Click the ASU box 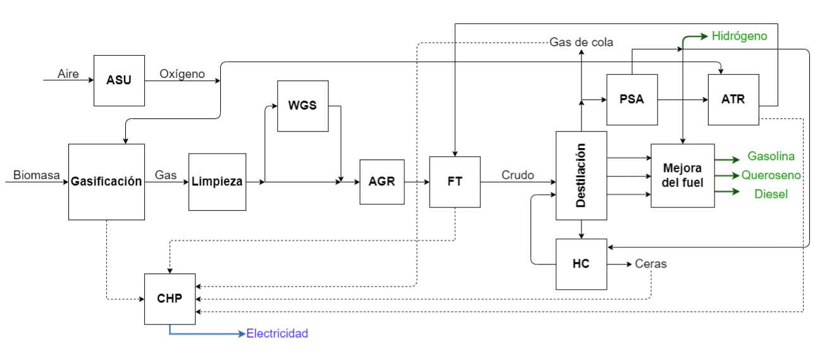pyautogui.click(x=119, y=80)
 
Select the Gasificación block pyautogui.click(x=106, y=182)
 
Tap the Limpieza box pyautogui.click(x=217, y=182)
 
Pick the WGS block pyautogui.click(x=302, y=106)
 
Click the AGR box pyautogui.click(x=382, y=182)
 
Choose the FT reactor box pyautogui.click(x=454, y=182)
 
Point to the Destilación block pyautogui.click(x=581, y=175)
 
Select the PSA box pyautogui.click(x=631, y=99)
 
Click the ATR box pyautogui.click(x=733, y=99)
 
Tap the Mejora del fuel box pyautogui.click(x=682, y=175)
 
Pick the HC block pyautogui.click(x=581, y=264)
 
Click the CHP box pyautogui.click(x=170, y=299)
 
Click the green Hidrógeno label pyautogui.click(x=739, y=36)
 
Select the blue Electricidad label pyautogui.click(x=277, y=333)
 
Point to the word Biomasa pyautogui.click(x=37, y=175)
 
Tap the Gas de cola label pyautogui.click(x=581, y=42)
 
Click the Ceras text pyautogui.click(x=650, y=264)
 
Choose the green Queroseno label pyautogui.click(x=771, y=175)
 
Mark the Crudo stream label pyautogui.click(x=518, y=175)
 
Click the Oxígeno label pyautogui.click(x=182, y=74)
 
